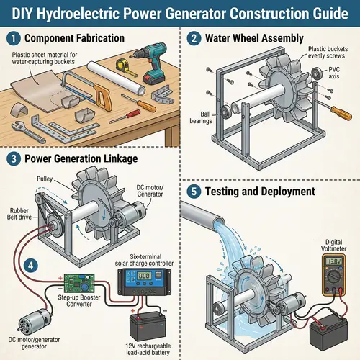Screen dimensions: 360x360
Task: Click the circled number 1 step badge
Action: [x=12, y=37]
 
